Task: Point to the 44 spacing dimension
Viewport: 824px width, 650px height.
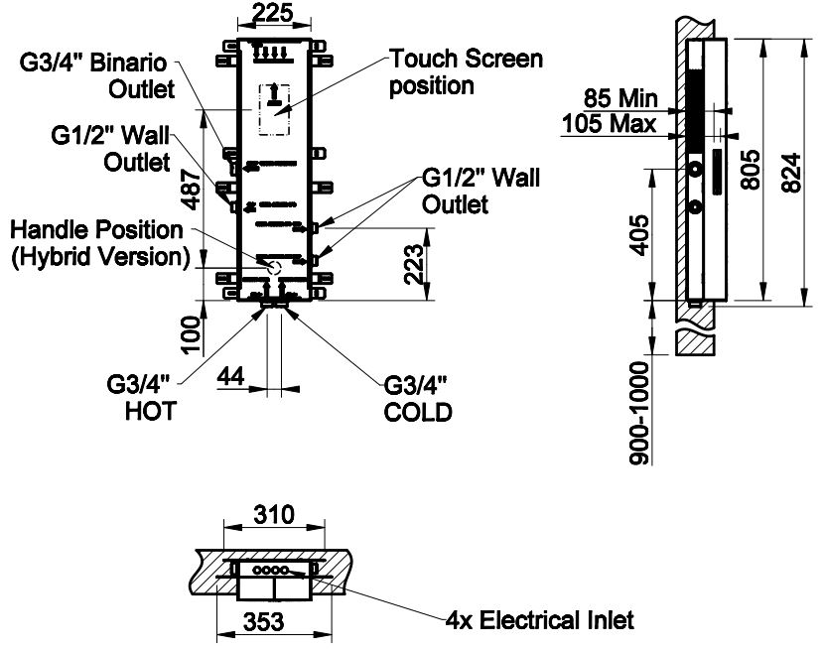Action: click(x=230, y=377)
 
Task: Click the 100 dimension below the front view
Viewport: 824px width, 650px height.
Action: click(x=193, y=334)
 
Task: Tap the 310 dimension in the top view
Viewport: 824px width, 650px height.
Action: click(x=274, y=514)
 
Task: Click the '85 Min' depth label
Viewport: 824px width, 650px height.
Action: click(x=619, y=98)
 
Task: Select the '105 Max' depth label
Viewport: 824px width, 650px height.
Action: click(x=609, y=123)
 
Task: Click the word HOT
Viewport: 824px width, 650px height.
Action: click(x=151, y=410)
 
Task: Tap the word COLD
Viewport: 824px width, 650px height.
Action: click(x=418, y=411)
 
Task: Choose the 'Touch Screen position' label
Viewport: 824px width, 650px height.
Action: click(x=466, y=71)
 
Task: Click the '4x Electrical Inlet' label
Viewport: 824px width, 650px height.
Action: click(x=538, y=621)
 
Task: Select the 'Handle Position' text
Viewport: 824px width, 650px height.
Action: click(x=96, y=230)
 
